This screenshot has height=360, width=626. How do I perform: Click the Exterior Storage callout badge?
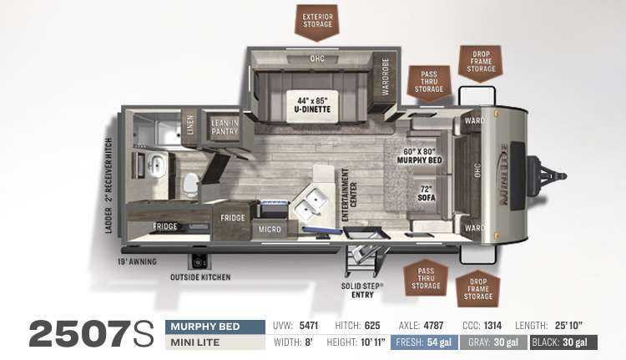[x=317, y=22]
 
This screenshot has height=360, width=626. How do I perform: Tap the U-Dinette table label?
[x=312, y=104]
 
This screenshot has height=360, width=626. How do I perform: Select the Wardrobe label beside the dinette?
[x=385, y=77]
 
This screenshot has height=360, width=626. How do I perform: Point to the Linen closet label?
[x=189, y=124]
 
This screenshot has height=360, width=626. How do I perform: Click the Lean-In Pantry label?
[x=225, y=128]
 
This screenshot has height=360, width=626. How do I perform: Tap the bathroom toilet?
[x=191, y=185]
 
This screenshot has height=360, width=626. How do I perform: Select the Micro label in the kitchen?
[x=270, y=230]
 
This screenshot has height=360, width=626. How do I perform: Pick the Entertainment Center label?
[x=350, y=195]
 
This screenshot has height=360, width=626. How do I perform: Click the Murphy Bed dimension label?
[x=419, y=156]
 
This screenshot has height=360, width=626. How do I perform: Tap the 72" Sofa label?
[x=427, y=194]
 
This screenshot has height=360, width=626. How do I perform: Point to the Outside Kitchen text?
[x=200, y=277]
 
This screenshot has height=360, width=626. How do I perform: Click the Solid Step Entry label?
[x=362, y=291]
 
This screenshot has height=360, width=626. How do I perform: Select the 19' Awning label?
[x=137, y=261]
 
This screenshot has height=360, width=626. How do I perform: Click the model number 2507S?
[x=91, y=333]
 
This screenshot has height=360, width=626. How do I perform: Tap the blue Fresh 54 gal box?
[x=424, y=342]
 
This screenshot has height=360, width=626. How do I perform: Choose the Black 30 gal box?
[x=563, y=342]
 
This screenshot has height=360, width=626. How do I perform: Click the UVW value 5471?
[x=309, y=326]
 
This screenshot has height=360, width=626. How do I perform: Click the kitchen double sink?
[x=311, y=203]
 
